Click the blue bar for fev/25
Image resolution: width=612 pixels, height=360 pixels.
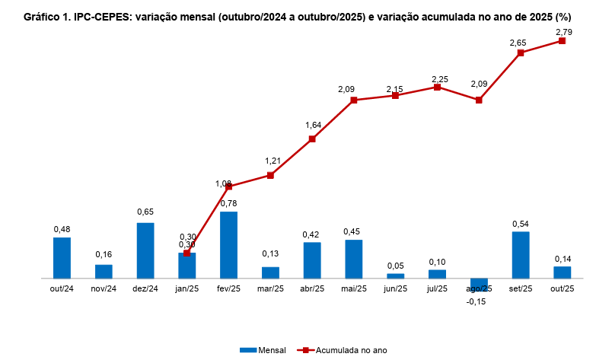228,245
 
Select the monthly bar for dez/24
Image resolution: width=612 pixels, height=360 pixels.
145,250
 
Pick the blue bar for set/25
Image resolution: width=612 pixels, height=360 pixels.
521,255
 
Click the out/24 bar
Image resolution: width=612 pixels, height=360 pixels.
62,258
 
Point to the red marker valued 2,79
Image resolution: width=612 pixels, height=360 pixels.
563,41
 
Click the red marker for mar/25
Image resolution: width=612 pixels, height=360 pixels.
270,175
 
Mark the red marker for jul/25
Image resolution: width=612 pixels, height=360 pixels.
438,87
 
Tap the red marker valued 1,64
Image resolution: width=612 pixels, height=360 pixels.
312,139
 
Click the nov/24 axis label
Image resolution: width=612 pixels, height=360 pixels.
104,288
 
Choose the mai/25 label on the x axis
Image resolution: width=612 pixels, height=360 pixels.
354,288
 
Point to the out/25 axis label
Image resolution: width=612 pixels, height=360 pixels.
563,288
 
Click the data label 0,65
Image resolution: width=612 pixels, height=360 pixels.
145,212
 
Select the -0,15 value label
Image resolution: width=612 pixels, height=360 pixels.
478,301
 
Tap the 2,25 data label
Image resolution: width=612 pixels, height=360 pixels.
440,78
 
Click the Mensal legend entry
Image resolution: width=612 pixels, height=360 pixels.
263,350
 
